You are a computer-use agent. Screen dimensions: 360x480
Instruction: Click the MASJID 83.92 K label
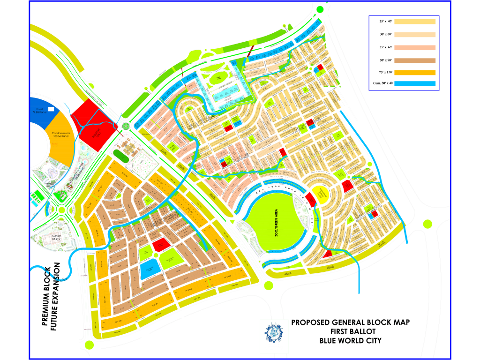(x=58, y=238)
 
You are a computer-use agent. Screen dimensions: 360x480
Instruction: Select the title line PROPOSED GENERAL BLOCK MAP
(x=350, y=322)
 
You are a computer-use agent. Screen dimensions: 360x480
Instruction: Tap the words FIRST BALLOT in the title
(x=350, y=331)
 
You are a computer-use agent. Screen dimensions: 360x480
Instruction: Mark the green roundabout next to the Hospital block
(x=126, y=126)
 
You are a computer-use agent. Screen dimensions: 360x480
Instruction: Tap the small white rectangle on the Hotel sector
(x=51, y=109)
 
